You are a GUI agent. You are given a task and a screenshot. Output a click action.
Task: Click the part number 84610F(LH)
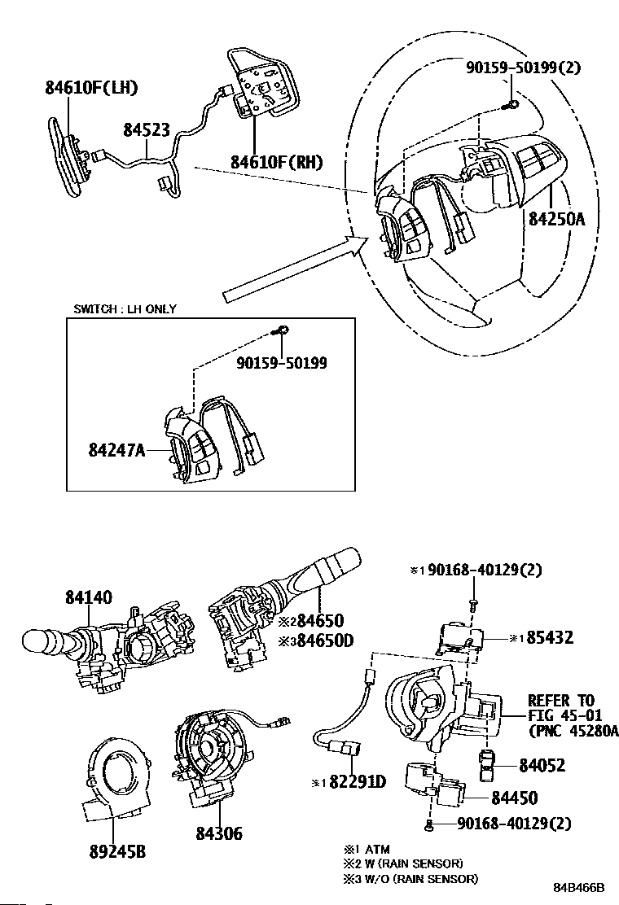point(91,88)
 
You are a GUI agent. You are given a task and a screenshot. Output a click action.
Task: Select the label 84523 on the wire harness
point(147,130)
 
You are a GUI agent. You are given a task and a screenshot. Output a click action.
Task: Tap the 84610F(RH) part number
point(277,162)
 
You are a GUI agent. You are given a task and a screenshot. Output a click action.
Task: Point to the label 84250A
point(556,219)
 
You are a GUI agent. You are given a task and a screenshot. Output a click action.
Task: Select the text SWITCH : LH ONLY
point(125,308)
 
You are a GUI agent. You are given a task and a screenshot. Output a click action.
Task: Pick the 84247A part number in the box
point(116,449)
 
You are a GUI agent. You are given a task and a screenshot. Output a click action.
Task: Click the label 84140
point(88,597)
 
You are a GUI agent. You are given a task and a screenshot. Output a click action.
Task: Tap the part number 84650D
point(324,640)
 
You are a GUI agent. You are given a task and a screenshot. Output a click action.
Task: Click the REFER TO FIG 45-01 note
point(571,715)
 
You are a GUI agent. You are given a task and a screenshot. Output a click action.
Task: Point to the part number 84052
point(542,765)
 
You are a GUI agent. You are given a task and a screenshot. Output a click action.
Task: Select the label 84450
point(515,798)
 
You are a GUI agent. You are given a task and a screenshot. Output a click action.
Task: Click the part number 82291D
point(358,782)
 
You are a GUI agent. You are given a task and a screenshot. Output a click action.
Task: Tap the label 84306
point(219,833)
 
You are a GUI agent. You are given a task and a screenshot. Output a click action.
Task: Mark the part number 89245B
point(117,851)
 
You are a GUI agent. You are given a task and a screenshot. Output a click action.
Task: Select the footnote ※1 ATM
point(367,849)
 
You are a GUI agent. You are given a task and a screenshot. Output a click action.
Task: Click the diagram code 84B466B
point(578,887)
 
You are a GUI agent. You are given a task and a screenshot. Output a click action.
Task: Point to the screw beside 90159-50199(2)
point(511,104)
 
